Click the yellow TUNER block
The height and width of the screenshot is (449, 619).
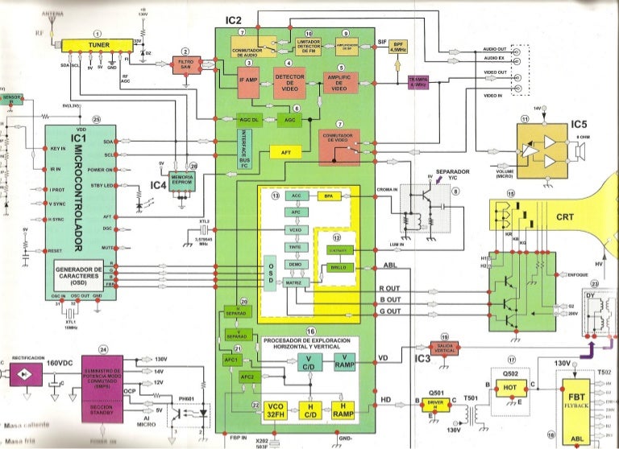coord(98,45)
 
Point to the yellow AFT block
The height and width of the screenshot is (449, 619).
coord(285,152)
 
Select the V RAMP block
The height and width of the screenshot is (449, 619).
coord(343,364)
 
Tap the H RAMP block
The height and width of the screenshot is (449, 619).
coord(343,410)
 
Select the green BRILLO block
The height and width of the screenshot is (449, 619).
coord(339,267)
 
